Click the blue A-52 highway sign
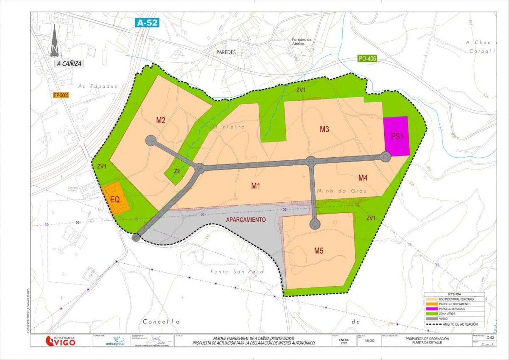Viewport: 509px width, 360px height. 147,23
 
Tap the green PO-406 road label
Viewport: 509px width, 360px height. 367,59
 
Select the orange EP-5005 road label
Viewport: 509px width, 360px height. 61,95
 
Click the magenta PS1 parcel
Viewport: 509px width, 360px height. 396,136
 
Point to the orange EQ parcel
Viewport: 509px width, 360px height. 115,199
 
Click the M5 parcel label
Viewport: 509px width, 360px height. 318,251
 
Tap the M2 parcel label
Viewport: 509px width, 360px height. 161,120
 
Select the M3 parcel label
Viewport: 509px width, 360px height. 324,129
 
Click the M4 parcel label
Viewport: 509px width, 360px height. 363,178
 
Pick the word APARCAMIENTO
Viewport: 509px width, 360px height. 246,220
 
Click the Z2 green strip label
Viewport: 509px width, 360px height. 177,171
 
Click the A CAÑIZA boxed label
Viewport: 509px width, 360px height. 69,64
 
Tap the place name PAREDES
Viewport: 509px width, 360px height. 226,52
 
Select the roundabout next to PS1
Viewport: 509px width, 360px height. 386,157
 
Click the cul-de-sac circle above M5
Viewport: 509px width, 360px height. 315,225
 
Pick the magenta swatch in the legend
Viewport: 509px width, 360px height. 432,309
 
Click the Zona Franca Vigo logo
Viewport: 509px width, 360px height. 60,341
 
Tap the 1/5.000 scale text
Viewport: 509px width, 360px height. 369,341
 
